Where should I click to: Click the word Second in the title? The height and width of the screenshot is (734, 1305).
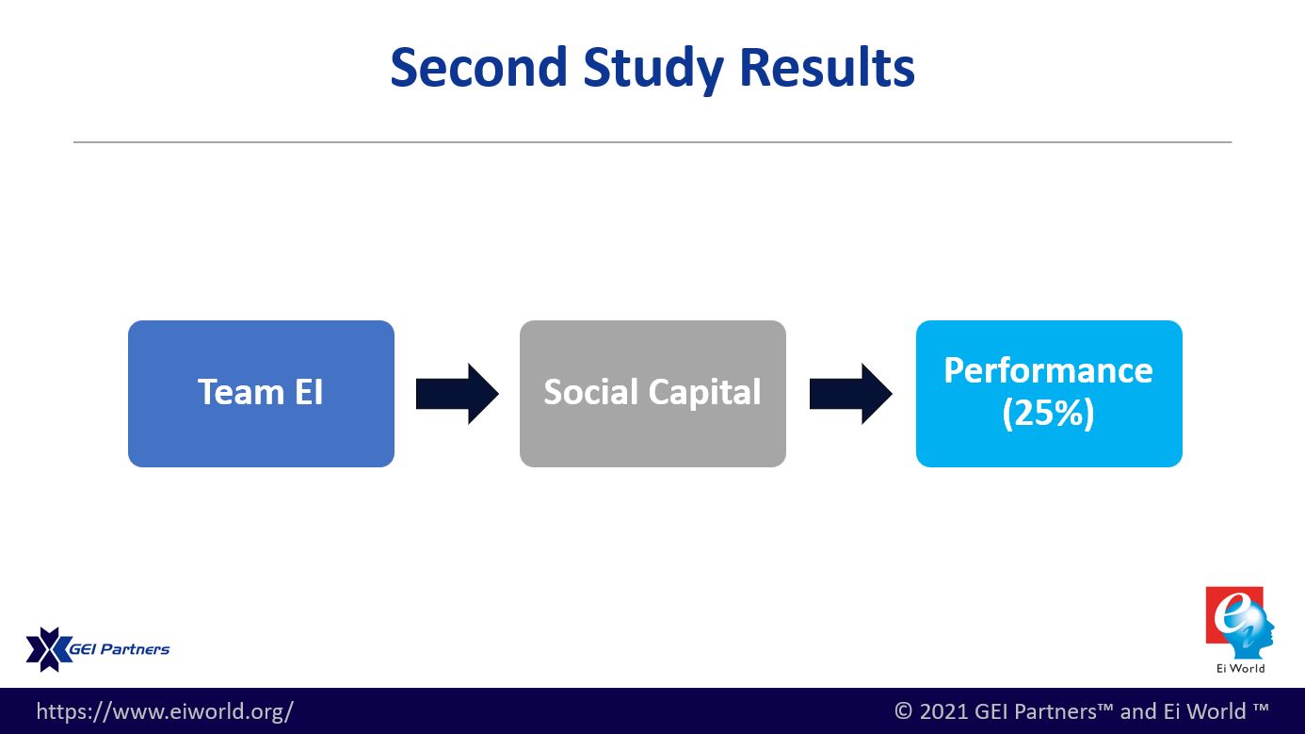click(x=479, y=67)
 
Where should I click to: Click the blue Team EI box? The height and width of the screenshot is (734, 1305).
click(x=261, y=394)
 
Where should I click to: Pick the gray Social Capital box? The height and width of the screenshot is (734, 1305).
click(x=652, y=394)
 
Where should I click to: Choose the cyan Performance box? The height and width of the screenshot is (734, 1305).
click(x=1049, y=394)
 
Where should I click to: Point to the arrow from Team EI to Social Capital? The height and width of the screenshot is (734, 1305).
click(x=458, y=394)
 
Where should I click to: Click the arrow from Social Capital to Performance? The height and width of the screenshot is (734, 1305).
click(x=850, y=394)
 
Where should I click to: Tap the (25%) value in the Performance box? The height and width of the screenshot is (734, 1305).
click(x=1048, y=414)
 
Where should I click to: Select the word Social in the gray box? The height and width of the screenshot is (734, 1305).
click(x=590, y=391)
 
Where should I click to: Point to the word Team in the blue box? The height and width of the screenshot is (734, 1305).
click(x=240, y=392)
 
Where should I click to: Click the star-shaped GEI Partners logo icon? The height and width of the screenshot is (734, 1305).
click(x=48, y=649)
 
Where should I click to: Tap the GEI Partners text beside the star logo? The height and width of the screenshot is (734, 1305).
click(x=120, y=649)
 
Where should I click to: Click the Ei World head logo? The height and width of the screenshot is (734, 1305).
click(x=1240, y=623)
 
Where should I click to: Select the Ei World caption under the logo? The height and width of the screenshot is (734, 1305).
click(x=1240, y=668)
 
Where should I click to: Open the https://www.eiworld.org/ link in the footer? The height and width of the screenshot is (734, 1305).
click(x=165, y=711)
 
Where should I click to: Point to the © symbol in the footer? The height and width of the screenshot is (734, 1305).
click(x=903, y=711)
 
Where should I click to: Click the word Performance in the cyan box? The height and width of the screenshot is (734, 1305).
click(x=1048, y=371)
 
